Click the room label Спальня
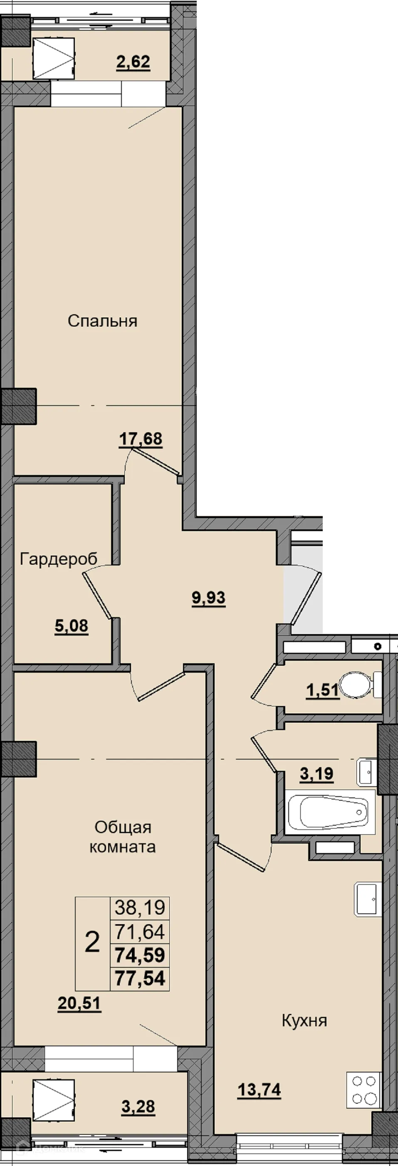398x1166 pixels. pyautogui.click(x=102, y=321)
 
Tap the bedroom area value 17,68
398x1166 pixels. pyautogui.click(x=141, y=439)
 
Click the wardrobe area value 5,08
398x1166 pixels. pyautogui.click(x=72, y=627)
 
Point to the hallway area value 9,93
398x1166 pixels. pyautogui.click(x=209, y=598)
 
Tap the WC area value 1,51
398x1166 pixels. pyautogui.click(x=322, y=690)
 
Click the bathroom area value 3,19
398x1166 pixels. pyautogui.click(x=316, y=774)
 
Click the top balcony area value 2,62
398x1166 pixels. pyautogui.click(x=133, y=62)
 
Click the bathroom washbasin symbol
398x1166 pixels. pyautogui.click(x=366, y=772)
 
